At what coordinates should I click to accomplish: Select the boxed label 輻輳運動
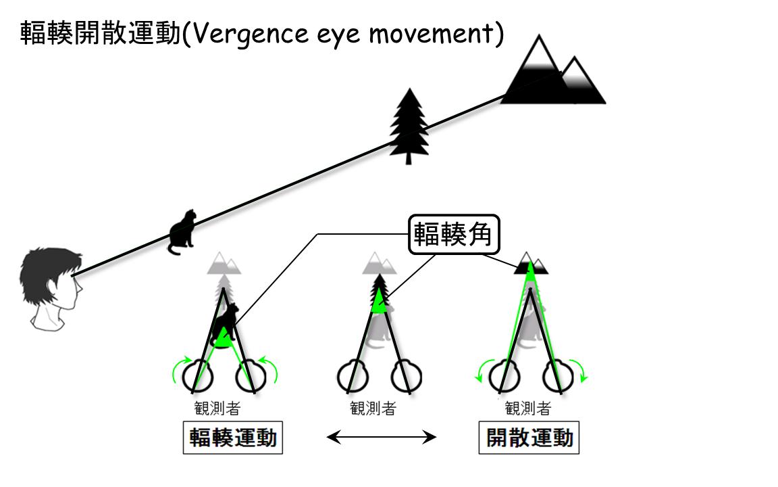click(x=233, y=438)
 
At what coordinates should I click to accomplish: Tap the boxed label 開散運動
click(x=530, y=438)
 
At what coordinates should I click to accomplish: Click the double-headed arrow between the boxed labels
click(x=382, y=438)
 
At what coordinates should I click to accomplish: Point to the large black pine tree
click(x=408, y=126)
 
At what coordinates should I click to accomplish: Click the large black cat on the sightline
click(x=181, y=231)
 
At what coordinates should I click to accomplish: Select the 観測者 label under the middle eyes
click(x=373, y=409)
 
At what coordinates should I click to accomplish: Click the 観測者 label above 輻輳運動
click(x=216, y=409)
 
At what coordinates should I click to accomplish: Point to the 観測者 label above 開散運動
click(x=528, y=409)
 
